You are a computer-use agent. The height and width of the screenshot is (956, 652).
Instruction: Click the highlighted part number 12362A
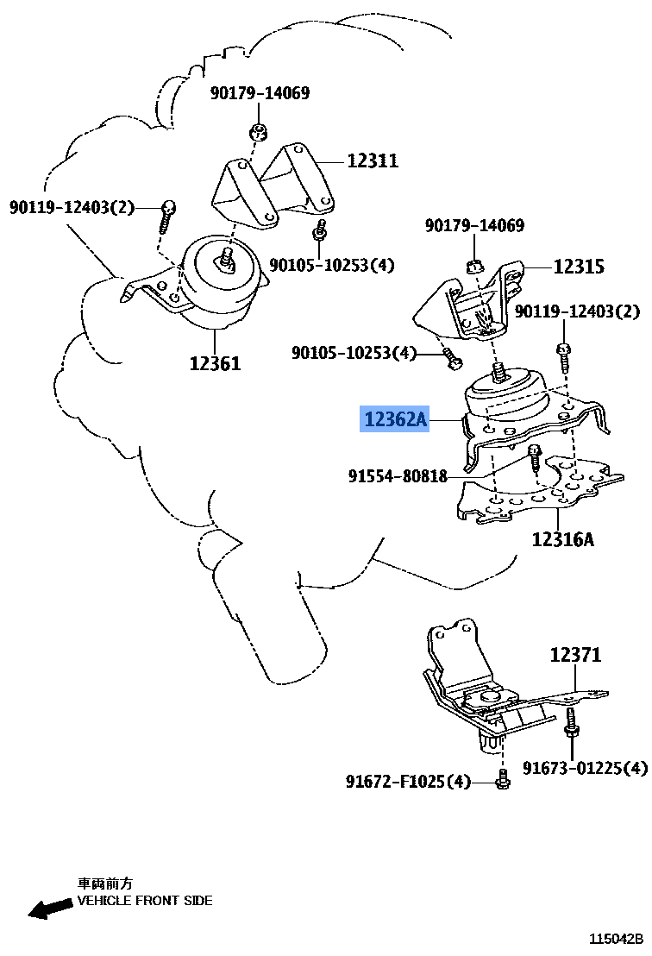[395, 420]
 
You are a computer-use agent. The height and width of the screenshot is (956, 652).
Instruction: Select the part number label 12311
[373, 160]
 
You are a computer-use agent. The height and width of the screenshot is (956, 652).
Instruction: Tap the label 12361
[215, 363]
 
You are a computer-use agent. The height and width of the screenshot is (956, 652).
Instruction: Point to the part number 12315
[579, 267]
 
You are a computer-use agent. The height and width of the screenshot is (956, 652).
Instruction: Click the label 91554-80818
[398, 475]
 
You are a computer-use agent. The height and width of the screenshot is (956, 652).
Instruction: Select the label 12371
[575, 656]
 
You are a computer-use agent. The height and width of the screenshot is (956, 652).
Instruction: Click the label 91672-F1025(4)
[409, 782]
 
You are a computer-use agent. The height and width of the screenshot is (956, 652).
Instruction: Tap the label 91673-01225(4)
[584, 767]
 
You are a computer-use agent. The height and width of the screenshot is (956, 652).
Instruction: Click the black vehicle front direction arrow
[49, 908]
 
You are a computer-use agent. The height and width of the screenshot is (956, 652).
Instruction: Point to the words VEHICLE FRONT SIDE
[145, 901]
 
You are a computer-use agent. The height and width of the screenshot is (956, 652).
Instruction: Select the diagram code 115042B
[616, 939]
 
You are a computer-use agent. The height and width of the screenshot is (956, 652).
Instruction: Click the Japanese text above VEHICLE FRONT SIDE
[105, 884]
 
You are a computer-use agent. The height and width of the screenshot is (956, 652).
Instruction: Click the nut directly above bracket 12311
[256, 133]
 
